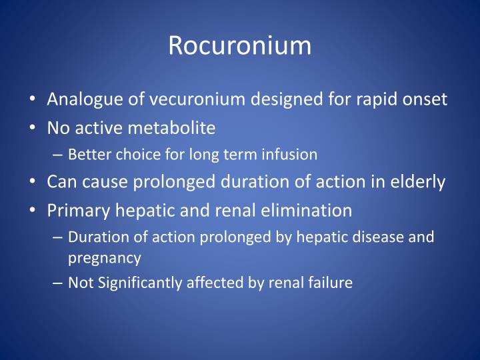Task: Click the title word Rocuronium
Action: pyautogui.click(x=239, y=45)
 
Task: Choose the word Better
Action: pyautogui.click(x=86, y=155)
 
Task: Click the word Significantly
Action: pyautogui.click(x=137, y=283)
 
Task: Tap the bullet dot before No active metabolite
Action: pyautogui.click(x=33, y=127)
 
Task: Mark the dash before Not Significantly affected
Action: pyautogui.click(x=58, y=283)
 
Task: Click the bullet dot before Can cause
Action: pyautogui.click(x=33, y=183)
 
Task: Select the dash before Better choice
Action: pyautogui.click(x=58, y=155)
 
